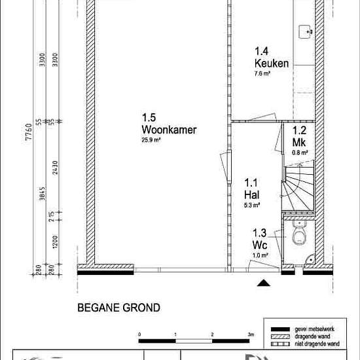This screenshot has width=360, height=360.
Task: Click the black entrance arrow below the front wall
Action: pyautogui.click(x=263, y=283)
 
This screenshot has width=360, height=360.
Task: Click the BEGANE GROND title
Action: pyautogui.click(x=118, y=307)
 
